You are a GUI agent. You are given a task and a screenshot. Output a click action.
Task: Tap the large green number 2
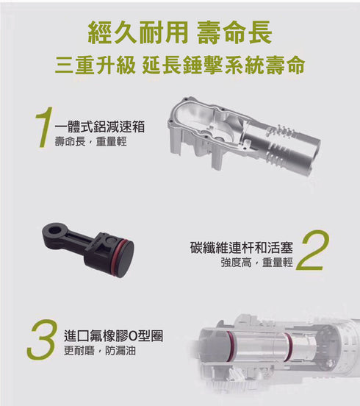312,252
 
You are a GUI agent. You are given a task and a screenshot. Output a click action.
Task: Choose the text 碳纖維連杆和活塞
240,247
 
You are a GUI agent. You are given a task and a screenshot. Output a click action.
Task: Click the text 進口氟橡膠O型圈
113,336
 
